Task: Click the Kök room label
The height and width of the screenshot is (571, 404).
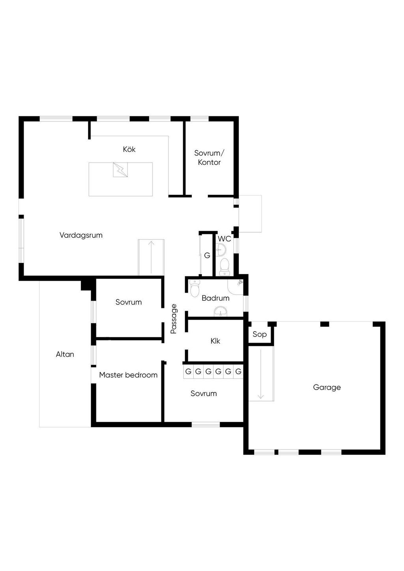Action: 129,149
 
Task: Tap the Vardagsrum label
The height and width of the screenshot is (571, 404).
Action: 81,235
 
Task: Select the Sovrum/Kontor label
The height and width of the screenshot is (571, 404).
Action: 209,158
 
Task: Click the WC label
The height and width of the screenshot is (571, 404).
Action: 224,239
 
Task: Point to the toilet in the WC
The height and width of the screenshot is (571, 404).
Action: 224,266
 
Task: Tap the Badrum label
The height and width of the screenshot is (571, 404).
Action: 215,298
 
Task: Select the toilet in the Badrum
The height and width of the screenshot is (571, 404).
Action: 195,289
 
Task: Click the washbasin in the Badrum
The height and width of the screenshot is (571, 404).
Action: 220,313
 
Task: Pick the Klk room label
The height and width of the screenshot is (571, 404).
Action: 215,341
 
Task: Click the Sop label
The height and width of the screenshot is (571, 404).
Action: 260,334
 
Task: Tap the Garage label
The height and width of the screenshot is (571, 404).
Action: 327,388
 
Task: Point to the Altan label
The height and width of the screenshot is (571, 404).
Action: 65,355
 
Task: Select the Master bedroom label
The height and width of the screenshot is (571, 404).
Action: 128,375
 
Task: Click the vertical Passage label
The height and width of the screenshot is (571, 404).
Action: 174,319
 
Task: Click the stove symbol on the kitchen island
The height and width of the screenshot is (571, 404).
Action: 120,170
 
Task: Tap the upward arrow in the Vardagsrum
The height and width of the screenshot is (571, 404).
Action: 151,257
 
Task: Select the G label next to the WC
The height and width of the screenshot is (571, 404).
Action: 207,256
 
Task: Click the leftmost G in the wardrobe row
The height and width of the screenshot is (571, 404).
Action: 188,371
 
